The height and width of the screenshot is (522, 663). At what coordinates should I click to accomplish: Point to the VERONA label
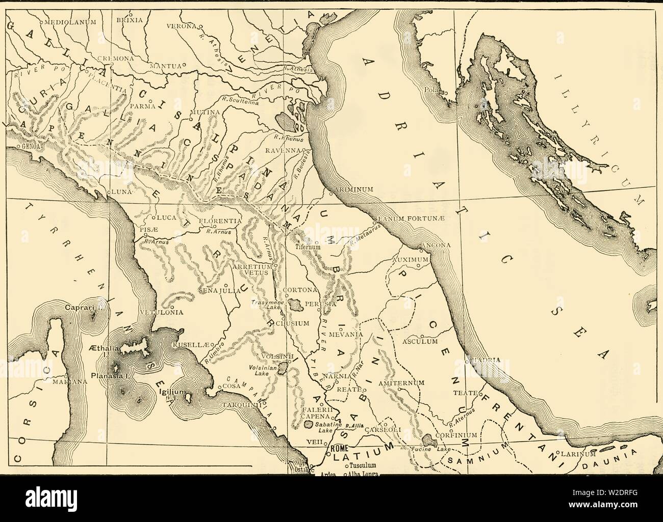(x=183, y=25)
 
